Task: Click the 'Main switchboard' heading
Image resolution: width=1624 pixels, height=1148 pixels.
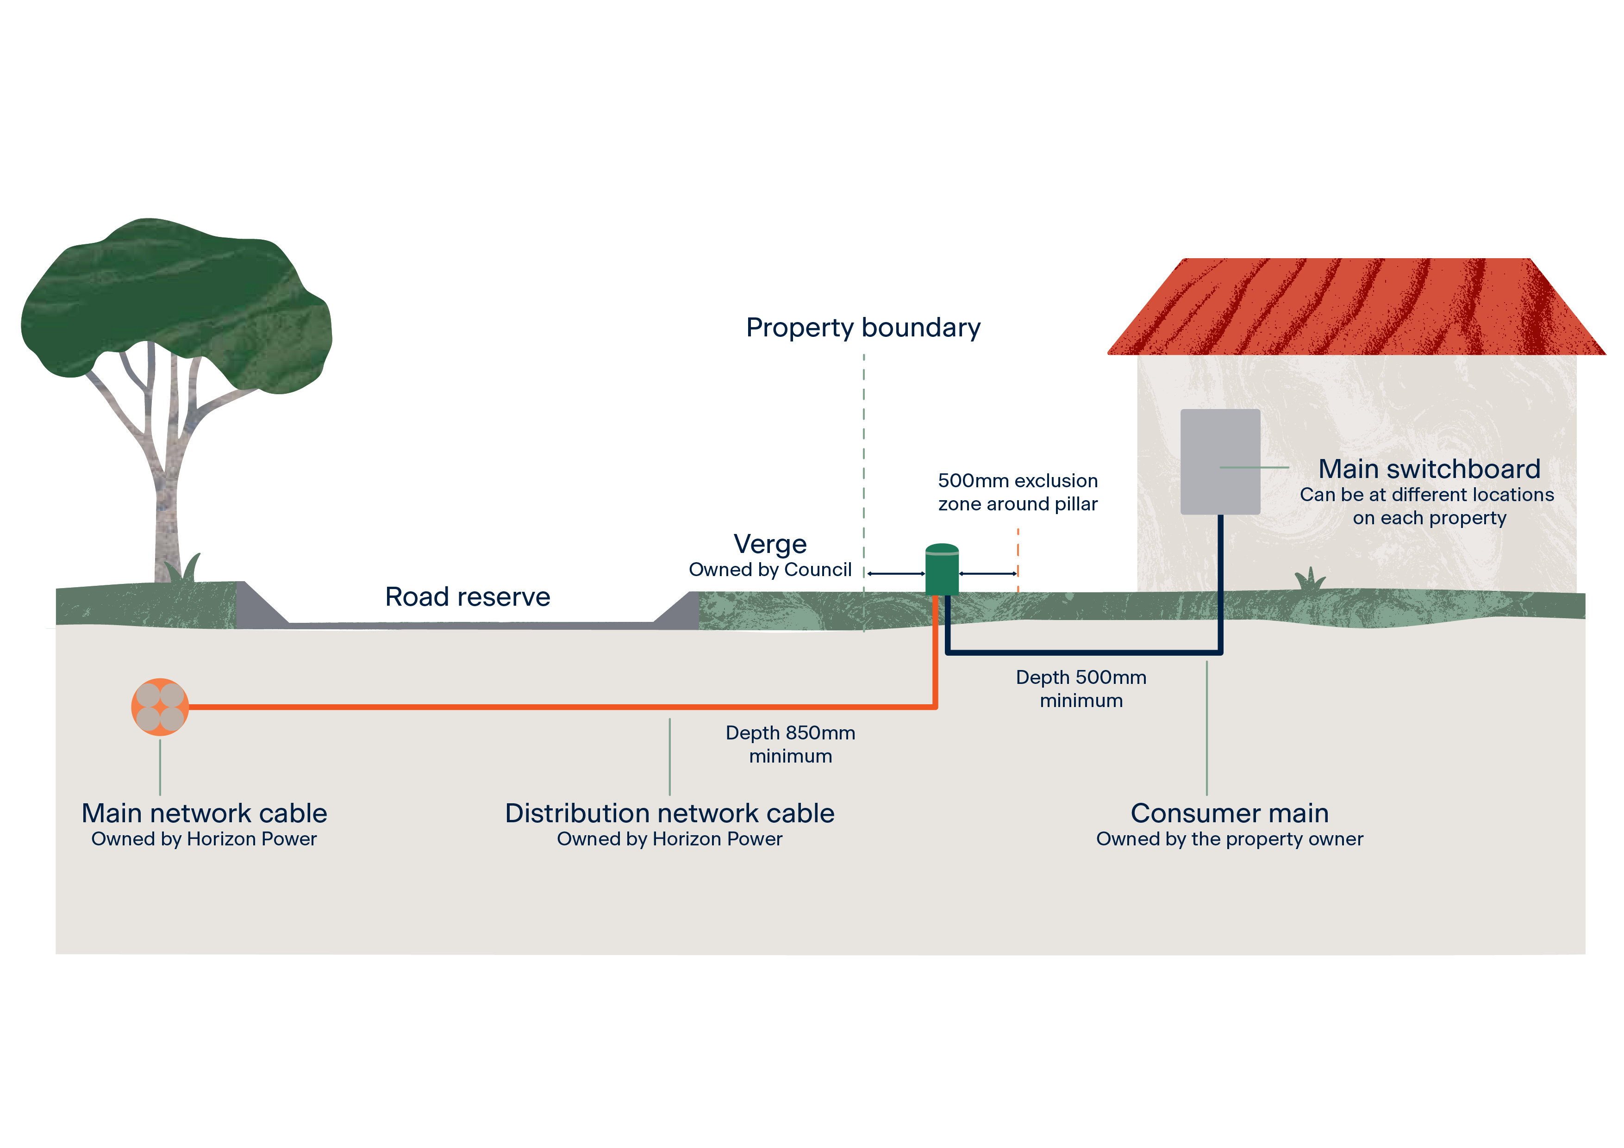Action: click(x=1429, y=469)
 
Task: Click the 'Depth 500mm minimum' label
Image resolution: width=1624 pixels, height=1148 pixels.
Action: click(x=1081, y=689)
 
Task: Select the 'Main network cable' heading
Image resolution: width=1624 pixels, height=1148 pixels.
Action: click(x=205, y=813)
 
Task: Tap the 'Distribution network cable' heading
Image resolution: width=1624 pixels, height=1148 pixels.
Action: click(x=669, y=813)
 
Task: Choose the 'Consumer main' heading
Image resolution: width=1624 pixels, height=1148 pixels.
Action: click(x=1229, y=813)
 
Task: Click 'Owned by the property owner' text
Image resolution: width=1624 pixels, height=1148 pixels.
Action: click(x=1229, y=839)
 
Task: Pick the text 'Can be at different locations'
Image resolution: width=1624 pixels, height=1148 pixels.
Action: click(x=1427, y=495)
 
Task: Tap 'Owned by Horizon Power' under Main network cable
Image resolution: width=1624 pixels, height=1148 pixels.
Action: click(x=205, y=839)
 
